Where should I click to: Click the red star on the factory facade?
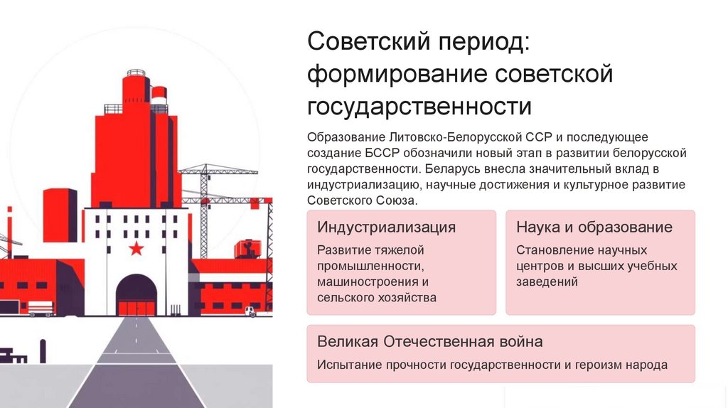[x=136, y=248]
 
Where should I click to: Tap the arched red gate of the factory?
[x=136, y=295]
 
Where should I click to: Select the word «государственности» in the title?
[x=419, y=107]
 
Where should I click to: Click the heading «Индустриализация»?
[x=386, y=227]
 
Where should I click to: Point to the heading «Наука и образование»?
[x=594, y=227]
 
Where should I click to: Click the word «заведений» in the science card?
[x=547, y=281]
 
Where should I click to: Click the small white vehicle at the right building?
[x=251, y=311]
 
